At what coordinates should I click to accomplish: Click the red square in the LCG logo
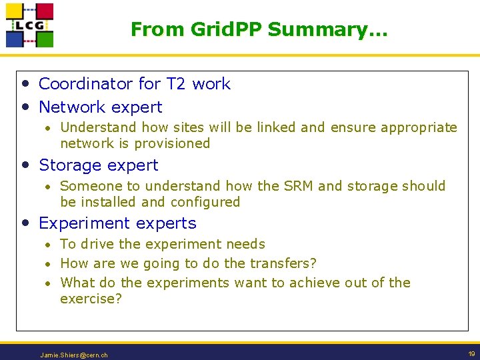(45, 11)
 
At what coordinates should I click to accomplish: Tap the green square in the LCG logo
(45, 39)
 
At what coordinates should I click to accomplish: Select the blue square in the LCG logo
(15, 39)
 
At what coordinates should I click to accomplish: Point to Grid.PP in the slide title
(224, 29)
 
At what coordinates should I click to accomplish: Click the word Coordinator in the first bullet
(86, 84)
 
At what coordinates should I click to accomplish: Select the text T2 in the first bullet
(175, 84)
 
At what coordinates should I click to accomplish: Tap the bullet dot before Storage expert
(25, 165)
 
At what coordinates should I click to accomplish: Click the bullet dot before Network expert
(25, 107)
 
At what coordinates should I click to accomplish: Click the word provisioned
(172, 143)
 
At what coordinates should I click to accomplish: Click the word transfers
(281, 263)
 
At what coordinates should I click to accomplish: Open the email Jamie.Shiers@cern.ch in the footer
(73, 355)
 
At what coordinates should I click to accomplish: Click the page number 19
(471, 354)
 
